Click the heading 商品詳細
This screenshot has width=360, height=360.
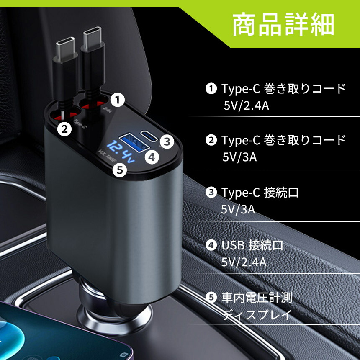click(x=283, y=24)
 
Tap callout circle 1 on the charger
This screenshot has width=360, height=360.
click(x=118, y=100)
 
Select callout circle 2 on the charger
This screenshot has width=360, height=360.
click(x=64, y=129)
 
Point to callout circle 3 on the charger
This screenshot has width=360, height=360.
click(x=167, y=141)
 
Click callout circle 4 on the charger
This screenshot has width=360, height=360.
click(x=152, y=157)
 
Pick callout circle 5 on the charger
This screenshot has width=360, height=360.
click(x=120, y=170)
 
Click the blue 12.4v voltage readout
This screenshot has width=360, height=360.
click(x=121, y=152)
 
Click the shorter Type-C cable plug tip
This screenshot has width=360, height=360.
click(x=65, y=49)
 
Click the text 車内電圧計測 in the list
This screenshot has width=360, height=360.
click(x=257, y=298)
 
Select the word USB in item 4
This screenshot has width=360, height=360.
click(x=233, y=245)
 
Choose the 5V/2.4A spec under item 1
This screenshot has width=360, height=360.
click(x=246, y=106)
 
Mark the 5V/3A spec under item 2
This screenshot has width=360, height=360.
click(x=239, y=157)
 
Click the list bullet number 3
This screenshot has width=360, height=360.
click(x=211, y=193)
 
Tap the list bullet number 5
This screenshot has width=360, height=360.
click(x=211, y=298)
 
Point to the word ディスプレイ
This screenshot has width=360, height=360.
click(x=257, y=315)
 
